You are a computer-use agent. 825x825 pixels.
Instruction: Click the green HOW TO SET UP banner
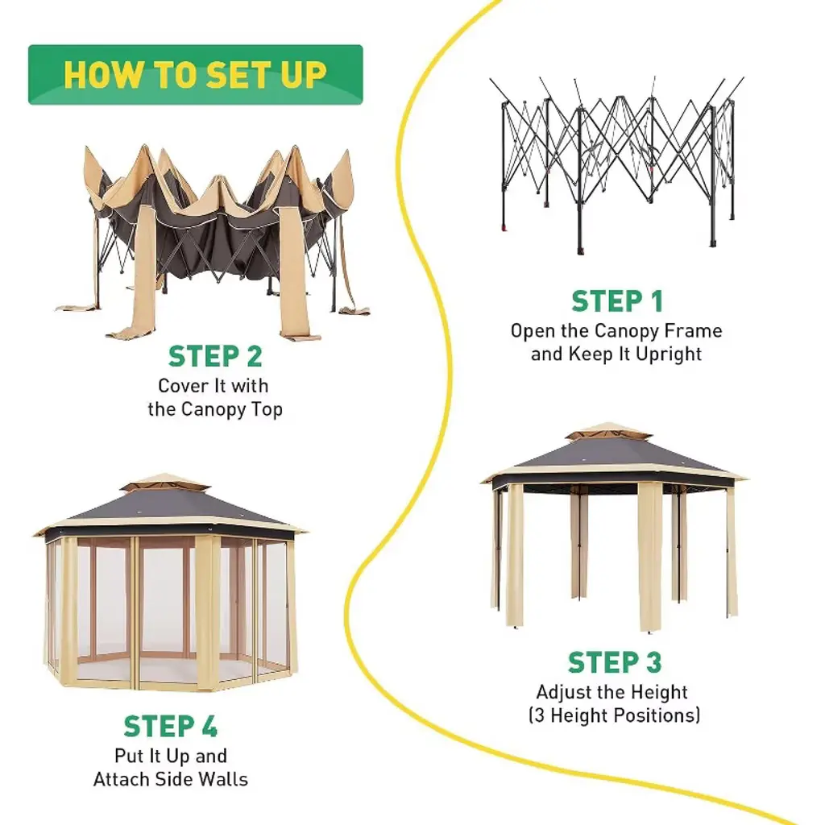(x=195, y=75)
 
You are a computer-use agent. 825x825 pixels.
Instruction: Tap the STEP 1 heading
(x=616, y=301)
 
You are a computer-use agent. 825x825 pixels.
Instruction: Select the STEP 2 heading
(x=215, y=357)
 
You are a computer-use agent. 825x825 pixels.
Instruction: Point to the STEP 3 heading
(x=615, y=662)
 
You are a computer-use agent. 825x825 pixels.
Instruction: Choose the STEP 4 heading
(x=171, y=727)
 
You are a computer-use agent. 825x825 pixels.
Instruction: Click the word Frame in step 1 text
(x=693, y=331)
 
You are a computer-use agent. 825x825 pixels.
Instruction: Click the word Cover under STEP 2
(x=176, y=386)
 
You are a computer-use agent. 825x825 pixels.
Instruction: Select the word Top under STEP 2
(x=267, y=410)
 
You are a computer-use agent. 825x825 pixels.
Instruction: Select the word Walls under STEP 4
(x=226, y=779)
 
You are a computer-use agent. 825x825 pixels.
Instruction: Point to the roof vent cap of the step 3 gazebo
(x=610, y=431)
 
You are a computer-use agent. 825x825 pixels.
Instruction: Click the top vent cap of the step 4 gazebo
(x=164, y=482)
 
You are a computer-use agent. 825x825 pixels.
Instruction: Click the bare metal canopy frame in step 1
(x=616, y=163)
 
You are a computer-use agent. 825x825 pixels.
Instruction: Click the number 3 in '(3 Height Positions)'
(x=539, y=715)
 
